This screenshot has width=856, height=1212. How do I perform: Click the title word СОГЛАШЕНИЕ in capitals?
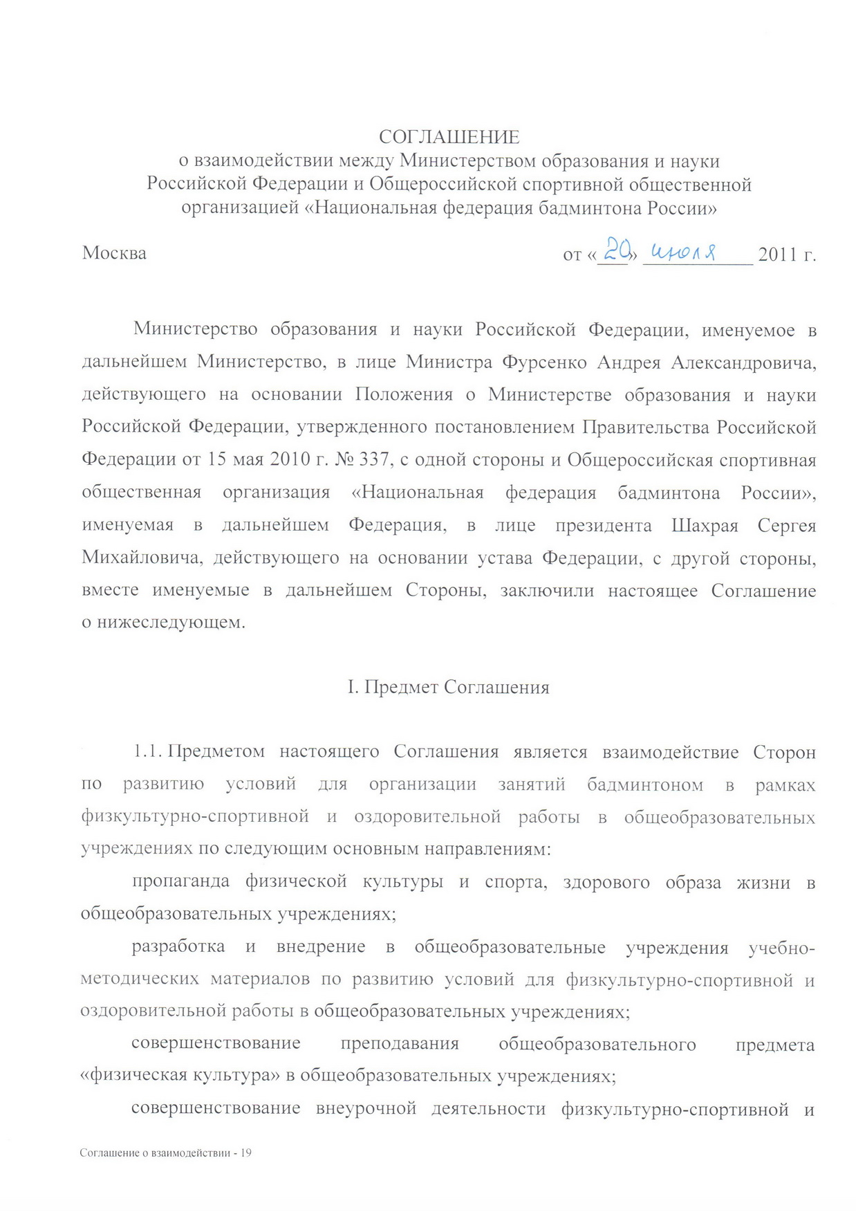coord(449,137)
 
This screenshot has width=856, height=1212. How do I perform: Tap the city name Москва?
coord(114,253)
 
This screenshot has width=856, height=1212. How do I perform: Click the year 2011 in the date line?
coord(779,255)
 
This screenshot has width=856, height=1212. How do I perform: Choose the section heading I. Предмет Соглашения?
coord(448,688)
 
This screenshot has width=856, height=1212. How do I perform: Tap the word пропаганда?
coord(181,882)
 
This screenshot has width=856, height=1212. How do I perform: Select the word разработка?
coord(178,947)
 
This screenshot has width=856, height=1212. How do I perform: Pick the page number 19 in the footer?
coord(245,1153)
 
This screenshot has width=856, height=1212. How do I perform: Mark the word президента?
coord(603,526)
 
